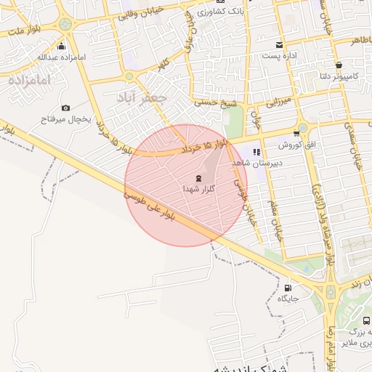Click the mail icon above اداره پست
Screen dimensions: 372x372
click(x=280, y=45)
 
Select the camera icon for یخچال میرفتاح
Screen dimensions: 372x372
click(x=66, y=108)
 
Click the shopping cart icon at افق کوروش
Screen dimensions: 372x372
click(x=296, y=133)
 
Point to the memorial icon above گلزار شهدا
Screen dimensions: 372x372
click(x=198, y=178)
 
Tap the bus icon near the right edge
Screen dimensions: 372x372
click(x=365, y=320)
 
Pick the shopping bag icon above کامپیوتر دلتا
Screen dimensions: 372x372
click(x=339, y=65)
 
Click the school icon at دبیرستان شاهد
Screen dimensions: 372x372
click(x=256, y=152)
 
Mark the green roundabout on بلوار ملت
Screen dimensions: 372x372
click(x=65, y=24)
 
